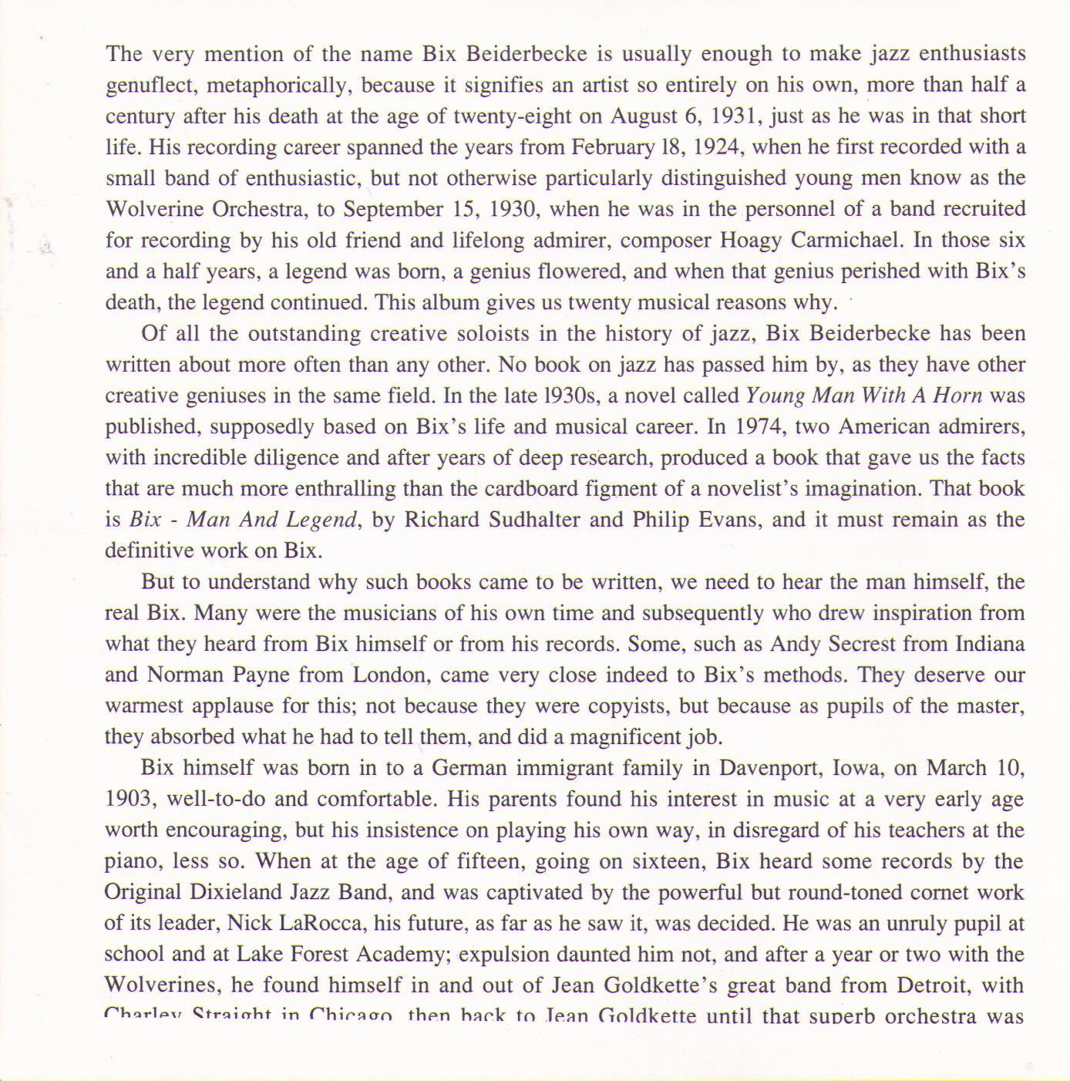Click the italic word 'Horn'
957,396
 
